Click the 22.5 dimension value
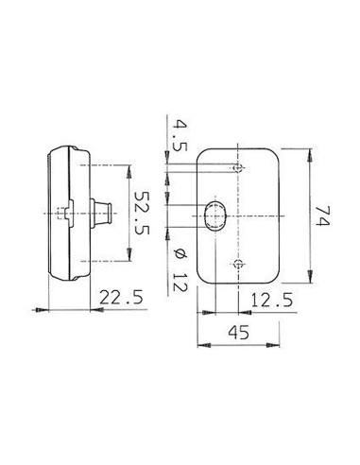coord(121,297)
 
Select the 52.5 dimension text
coord(141,213)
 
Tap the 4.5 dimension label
coord(180,135)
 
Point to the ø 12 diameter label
coord(180,269)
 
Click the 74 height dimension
coord(322,215)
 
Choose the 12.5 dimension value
coord(272,300)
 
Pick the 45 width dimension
coord(238,332)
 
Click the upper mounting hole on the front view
coord(238,168)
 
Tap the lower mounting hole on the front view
coord(238,264)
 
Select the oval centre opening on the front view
coord(215,216)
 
